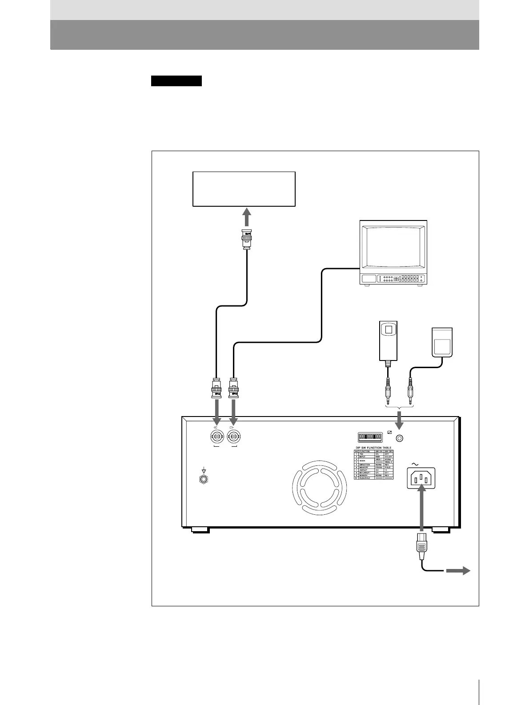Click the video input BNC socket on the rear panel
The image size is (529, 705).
[x=216, y=437]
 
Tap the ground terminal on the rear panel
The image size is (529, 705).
[x=204, y=479]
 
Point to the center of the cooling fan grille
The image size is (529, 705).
[x=318, y=488]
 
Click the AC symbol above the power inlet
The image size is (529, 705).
[x=415, y=464]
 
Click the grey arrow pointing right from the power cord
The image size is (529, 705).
[x=459, y=571]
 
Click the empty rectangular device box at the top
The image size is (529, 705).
[x=244, y=189]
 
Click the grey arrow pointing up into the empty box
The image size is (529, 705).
[x=247, y=219]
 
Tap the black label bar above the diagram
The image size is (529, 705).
[x=176, y=81]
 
